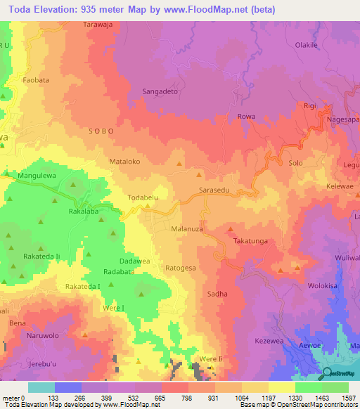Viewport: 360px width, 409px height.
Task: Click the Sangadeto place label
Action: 162,91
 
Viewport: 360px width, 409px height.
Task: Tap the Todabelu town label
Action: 146,197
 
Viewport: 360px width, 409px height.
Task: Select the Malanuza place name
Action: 188,229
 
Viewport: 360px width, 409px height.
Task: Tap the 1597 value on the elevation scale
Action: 349,398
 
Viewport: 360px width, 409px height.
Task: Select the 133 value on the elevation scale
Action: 54,398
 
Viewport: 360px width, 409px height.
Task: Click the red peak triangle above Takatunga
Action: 230,229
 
